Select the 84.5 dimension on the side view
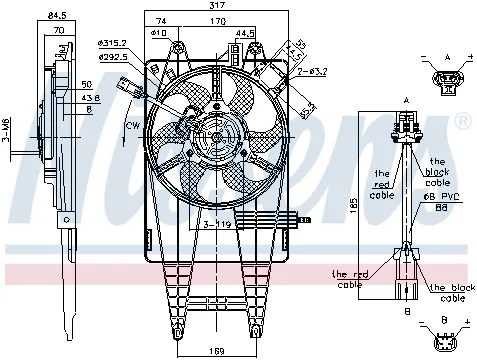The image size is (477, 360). point(57,15)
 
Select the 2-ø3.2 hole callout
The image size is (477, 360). point(311,73)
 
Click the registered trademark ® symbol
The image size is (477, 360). point(463,122)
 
